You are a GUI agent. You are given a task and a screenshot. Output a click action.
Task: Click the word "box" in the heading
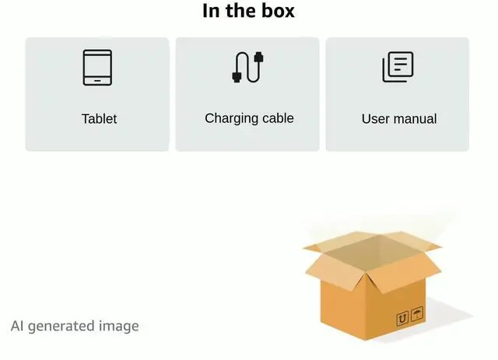click(x=279, y=11)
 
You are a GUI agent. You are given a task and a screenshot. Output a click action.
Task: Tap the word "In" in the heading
click(x=211, y=11)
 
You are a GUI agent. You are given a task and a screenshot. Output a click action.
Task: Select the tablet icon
click(x=98, y=68)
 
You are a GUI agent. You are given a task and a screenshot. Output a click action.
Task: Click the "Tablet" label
click(x=99, y=119)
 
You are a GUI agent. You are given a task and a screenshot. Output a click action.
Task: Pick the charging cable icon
click(x=249, y=67)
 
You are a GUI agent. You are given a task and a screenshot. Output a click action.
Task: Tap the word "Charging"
click(x=231, y=118)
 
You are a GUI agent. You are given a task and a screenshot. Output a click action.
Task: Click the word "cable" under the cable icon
click(x=277, y=118)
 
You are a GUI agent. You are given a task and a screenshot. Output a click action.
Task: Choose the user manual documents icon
click(x=398, y=68)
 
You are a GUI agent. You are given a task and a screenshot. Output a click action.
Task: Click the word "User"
click(x=375, y=119)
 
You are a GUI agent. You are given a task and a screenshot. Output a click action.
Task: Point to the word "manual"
click(x=415, y=119)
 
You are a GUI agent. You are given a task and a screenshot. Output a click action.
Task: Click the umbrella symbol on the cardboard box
click(x=418, y=314)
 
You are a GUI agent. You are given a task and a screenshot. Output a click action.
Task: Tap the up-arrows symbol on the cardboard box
click(x=402, y=318)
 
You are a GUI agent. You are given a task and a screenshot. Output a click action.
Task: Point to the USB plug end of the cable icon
click(x=259, y=58)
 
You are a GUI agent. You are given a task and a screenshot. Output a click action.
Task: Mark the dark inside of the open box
click(x=370, y=253)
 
